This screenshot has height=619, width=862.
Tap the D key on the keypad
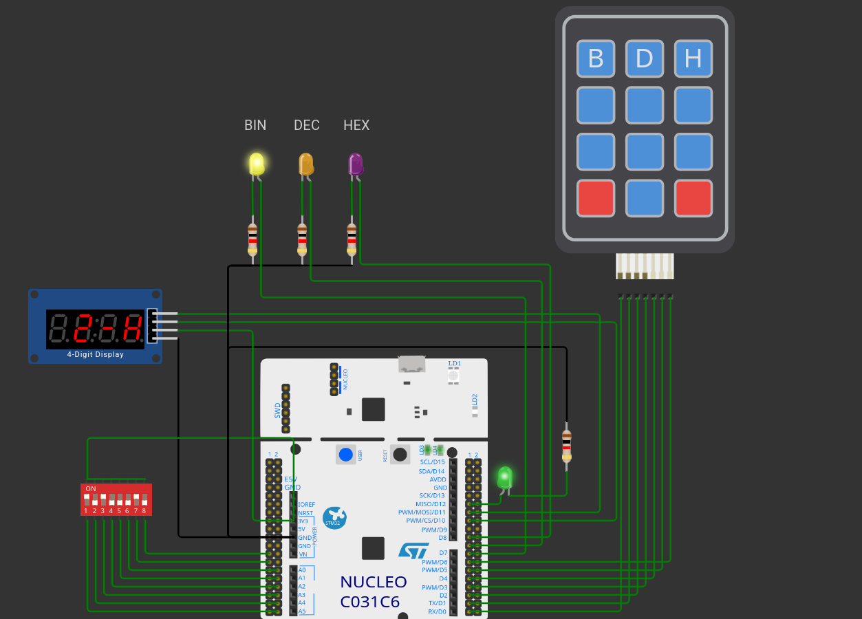tap(645, 59)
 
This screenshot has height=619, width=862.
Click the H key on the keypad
tap(693, 59)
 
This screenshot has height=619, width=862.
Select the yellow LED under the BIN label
tap(256, 164)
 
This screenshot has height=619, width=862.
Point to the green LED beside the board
tap(505, 477)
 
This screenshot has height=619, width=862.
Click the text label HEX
tap(356, 125)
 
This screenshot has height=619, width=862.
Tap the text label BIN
tap(255, 125)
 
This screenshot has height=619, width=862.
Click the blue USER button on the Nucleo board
tap(346, 455)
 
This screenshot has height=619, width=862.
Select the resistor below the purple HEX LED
tap(352, 237)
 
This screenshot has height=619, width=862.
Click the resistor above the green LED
tap(566, 446)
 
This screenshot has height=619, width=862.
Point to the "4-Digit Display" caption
tap(95, 355)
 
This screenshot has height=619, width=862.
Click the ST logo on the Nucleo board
tap(413, 550)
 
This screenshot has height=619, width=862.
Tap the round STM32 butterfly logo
tap(334, 518)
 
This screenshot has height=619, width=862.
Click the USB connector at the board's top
tap(411, 364)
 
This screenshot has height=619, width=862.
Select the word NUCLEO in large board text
tap(374, 582)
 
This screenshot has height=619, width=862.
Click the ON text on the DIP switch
tap(91, 488)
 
